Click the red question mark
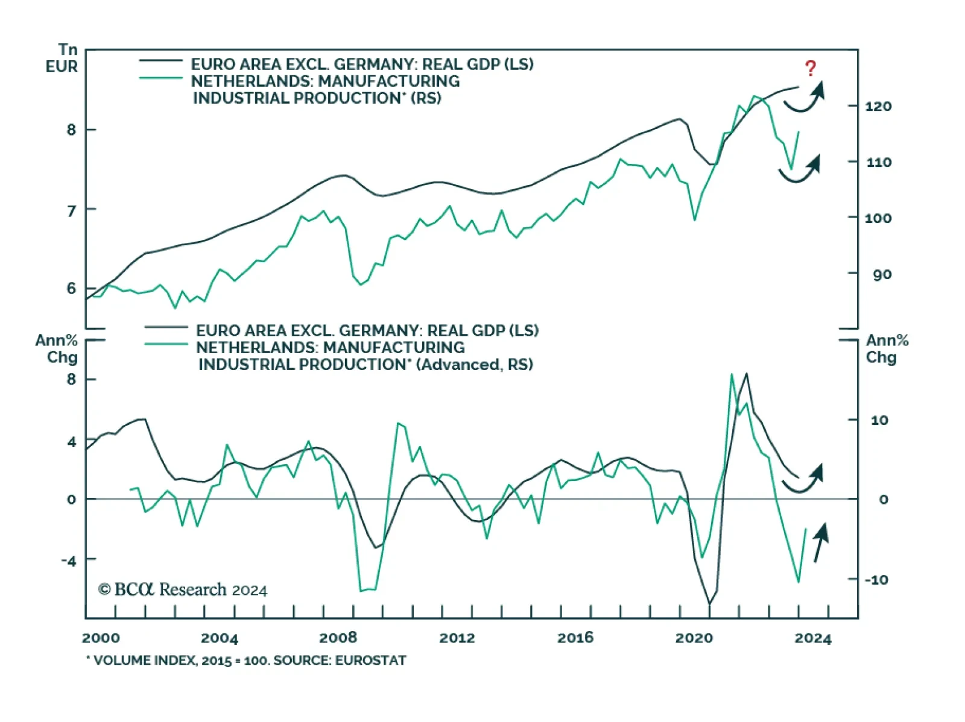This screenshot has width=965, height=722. click(811, 68)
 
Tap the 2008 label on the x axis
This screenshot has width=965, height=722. click(338, 638)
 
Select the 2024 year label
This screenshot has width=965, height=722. click(812, 638)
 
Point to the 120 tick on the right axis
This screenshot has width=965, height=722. click(878, 107)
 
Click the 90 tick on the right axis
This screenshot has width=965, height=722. click(882, 275)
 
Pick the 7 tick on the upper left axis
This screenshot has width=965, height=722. click(72, 210)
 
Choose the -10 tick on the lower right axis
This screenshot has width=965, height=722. click(876, 580)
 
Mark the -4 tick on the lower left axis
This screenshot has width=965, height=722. click(69, 561)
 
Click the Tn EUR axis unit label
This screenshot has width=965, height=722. click(63, 58)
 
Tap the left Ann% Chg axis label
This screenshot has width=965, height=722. click(57, 349)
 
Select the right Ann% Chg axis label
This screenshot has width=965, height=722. click(887, 349)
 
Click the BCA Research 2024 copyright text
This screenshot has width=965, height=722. click(183, 589)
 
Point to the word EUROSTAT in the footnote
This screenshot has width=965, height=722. click(370, 661)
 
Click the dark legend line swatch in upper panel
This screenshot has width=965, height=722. click(160, 61)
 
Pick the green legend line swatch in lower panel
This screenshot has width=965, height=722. click(166, 344)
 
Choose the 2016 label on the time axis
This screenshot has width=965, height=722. click(575, 638)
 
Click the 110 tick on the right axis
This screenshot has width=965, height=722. click(878, 162)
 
